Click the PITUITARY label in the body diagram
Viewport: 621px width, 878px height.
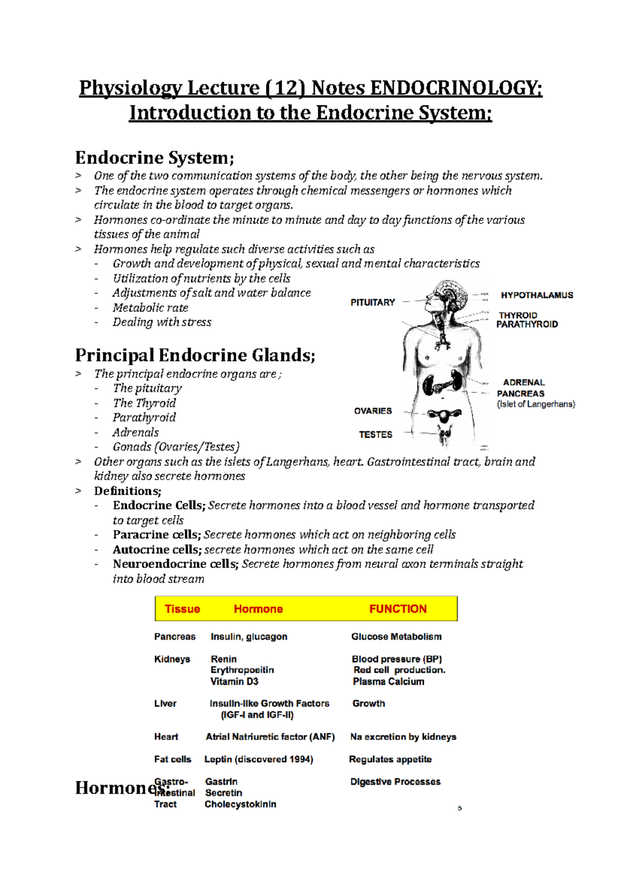coord(373,302)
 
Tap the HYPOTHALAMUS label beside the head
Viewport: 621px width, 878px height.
coord(537,295)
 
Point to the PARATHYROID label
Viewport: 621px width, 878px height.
coord(527,325)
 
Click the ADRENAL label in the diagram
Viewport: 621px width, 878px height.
coord(524,383)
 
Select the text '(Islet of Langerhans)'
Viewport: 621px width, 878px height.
coord(536,404)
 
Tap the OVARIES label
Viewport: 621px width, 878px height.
coord(373,411)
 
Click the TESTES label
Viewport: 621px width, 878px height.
coord(376,435)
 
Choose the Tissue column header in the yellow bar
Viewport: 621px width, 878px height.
coord(182,609)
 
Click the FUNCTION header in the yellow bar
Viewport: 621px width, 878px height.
coord(397,609)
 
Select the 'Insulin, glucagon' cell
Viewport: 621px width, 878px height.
coord(249,637)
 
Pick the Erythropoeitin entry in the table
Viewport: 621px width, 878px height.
coord(242,670)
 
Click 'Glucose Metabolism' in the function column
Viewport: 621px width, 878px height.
coord(396,637)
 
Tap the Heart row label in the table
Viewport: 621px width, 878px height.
coord(166,737)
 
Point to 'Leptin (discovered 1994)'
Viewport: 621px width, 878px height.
coord(258,760)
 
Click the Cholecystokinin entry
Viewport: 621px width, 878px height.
coord(240,805)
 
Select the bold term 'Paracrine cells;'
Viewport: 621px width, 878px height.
coord(157,535)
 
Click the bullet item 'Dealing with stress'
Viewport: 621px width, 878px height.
coord(162,322)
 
